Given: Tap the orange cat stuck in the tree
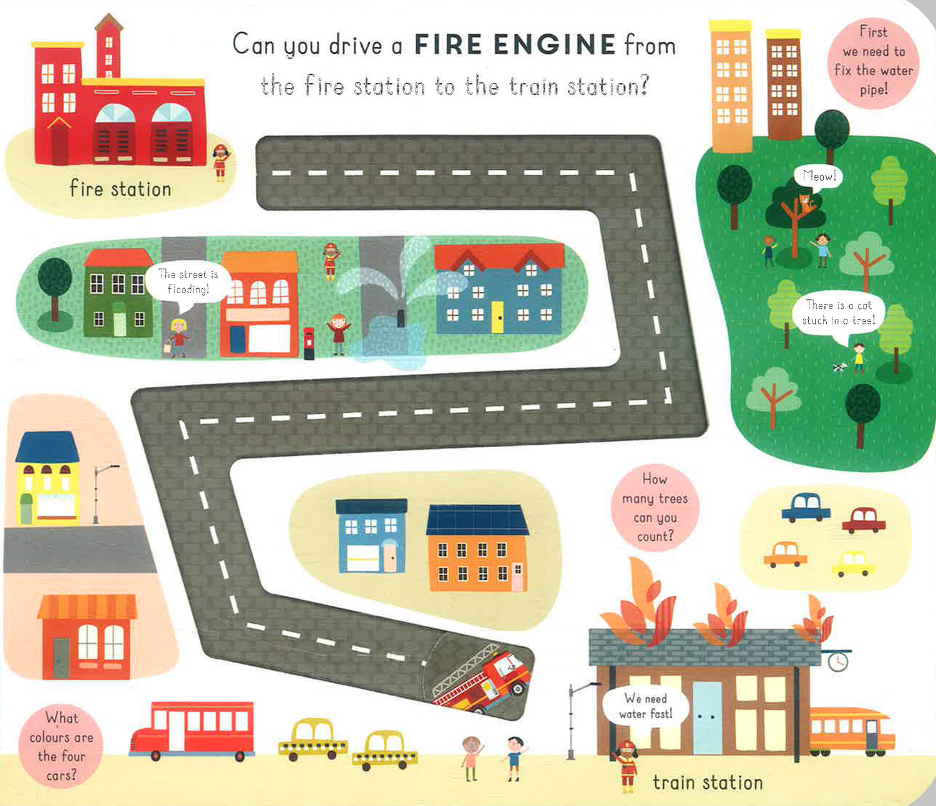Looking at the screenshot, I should [806, 203].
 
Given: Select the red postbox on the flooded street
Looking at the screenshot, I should [309, 343].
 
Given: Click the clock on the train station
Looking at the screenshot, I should [837, 661].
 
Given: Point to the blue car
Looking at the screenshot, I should [806, 507].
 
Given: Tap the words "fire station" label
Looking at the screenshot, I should [120, 188].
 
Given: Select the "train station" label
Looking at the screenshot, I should [708, 782].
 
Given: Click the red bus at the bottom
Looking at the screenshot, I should [193, 730].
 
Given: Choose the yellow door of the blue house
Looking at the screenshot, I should [497, 316].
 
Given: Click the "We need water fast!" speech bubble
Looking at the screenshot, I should [646, 706].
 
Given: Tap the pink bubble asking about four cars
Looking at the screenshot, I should [61, 746].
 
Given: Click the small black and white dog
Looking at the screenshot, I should [839, 368].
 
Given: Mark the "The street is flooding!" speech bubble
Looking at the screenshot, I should [188, 283].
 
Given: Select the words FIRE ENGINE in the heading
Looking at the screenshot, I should [515, 45].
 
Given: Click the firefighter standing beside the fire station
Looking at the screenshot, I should [220, 162].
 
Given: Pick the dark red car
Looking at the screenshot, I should [864, 520].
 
